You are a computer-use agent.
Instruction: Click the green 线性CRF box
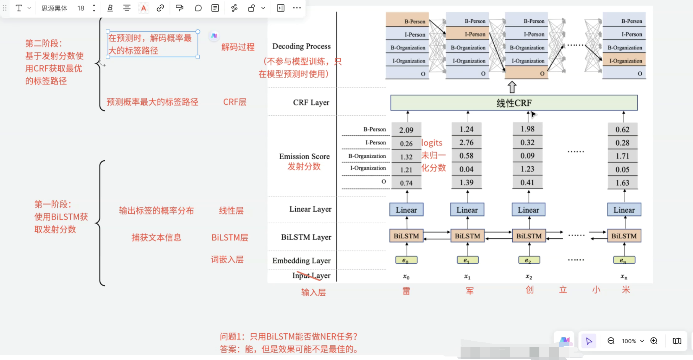click(x=514, y=103)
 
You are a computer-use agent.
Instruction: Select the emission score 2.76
click(x=466, y=143)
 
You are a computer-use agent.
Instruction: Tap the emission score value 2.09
click(x=406, y=130)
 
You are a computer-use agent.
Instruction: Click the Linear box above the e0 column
click(x=406, y=210)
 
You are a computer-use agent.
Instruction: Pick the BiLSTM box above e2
click(x=528, y=236)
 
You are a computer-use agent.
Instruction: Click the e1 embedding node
click(x=467, y=260)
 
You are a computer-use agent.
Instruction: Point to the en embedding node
click(x=624, y=260)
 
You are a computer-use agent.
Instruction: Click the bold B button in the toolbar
click(x=110, y=8)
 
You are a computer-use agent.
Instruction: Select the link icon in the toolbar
click(x=160, y=8)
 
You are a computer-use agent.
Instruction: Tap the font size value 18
click(x=81, y=8)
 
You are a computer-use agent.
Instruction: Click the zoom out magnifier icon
click(x=611, y=341)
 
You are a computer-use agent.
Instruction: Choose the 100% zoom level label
click(x=629, y=341)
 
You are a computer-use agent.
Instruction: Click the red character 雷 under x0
click(x=406, y=291)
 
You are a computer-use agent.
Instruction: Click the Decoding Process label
click(x=301, y=46)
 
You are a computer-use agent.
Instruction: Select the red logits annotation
click(x=432, y=143)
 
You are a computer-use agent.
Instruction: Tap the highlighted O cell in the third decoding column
click(x=526, y=73)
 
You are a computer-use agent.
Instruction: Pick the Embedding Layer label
click(x=301, y=261)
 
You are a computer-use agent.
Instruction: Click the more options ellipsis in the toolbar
click(x=297, y=8)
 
